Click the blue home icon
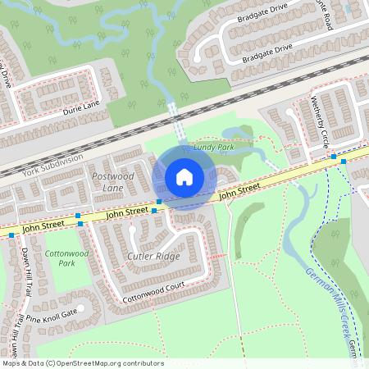184,177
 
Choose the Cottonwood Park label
66,258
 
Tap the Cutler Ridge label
153,257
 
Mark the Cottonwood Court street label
153,295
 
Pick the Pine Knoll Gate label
51,314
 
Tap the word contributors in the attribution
145,362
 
